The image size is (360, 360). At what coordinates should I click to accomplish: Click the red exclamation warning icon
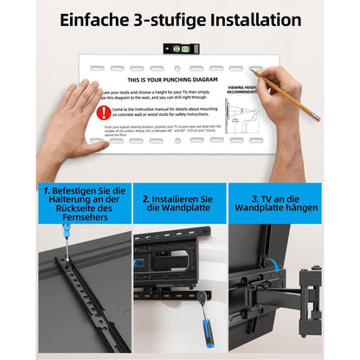click(x=104, y=112)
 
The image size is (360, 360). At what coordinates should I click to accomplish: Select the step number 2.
click(x=146, y=198)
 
